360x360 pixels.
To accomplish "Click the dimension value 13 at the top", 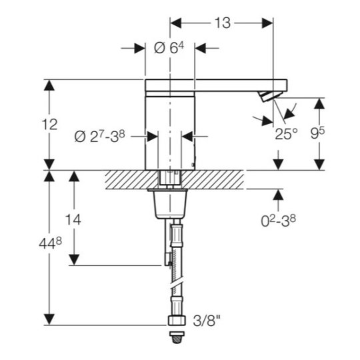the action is [x=223, y=23].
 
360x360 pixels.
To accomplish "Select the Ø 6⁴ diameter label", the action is [x=169, y=48].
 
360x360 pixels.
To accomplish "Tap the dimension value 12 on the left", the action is [x=49, y=125].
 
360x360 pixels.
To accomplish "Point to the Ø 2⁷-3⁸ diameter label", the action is [x=99, y=137].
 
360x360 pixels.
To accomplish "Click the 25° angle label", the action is [x=286, y=134].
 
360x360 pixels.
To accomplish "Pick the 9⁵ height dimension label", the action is [x=317, y=133].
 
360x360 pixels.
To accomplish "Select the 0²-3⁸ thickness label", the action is [x=278, y=221].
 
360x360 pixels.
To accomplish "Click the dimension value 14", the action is [x=73, y=220].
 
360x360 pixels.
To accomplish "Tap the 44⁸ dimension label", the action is [x=51, y=243].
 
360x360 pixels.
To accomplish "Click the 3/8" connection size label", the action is [x=207, y=321].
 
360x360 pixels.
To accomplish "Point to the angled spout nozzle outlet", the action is [x=269, y=96].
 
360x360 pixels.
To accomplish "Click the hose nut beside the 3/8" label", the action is [x=177, y=320].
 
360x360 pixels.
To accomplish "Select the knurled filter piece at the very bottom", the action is [x=177, y=337].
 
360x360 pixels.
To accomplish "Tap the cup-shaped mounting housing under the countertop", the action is [x=170, y=204].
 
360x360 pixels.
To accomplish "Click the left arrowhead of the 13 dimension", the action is [x=175, y=23].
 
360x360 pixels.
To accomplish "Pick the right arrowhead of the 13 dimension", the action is [x=267, y=23].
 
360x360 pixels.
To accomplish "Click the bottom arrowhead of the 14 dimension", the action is [x=74, y=260].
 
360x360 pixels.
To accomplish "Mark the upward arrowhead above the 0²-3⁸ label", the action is [x=278, y=195].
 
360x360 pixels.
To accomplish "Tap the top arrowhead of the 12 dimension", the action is [x=49, y=85].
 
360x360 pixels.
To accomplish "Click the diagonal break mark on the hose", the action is [x=177, y=284].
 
